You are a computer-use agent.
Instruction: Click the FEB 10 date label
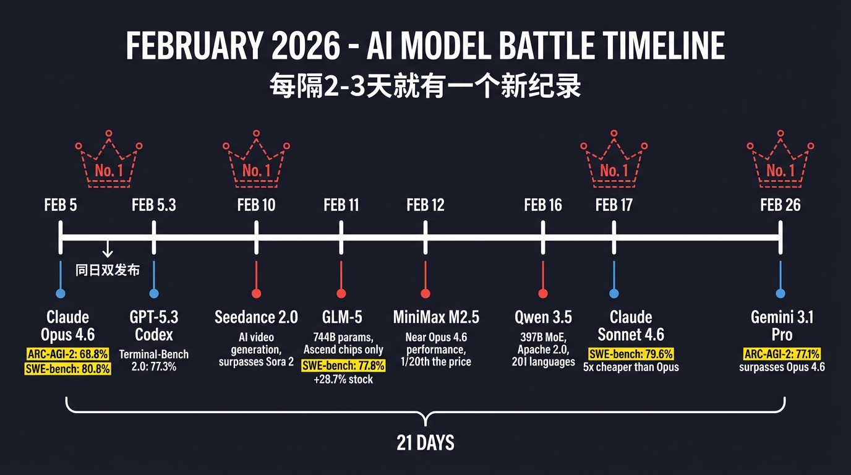point(256,205)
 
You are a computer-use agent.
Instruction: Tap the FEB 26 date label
point(780,205)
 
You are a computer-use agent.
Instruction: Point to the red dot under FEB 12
point(426,293)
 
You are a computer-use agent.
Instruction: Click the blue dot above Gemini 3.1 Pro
point(780,293)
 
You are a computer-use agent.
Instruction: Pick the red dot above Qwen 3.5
point(543,293)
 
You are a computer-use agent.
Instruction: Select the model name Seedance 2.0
point(256,317)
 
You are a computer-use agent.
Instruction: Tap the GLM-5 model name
point(341,317)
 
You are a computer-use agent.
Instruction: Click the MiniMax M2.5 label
point(436,317)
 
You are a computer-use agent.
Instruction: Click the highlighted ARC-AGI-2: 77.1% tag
point(782,354)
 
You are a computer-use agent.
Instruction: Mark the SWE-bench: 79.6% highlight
point(630,354)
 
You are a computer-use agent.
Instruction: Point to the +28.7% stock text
point(343,379)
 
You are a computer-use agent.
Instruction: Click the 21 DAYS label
point(426,443)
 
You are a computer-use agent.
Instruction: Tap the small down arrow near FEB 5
point(107,249)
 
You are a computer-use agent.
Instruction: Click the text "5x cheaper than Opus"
point(631,367)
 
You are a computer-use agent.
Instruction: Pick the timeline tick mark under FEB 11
point(341,237)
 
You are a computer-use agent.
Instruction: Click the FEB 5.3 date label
point(153,205)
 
